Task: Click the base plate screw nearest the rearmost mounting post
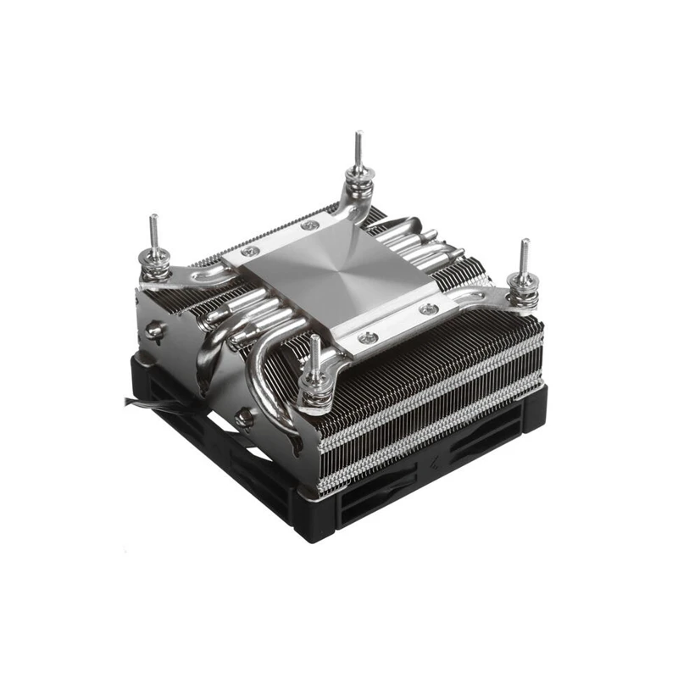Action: click(311, 225)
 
